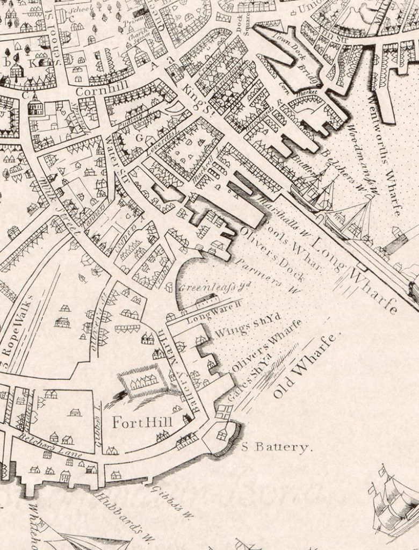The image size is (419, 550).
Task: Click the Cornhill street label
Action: click(x=97, y=91)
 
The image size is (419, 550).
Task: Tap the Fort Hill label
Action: click(x=142, y=423)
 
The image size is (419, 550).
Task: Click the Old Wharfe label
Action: click(x=304, y=366)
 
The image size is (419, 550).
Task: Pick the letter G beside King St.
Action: click(x=139, y=137)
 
